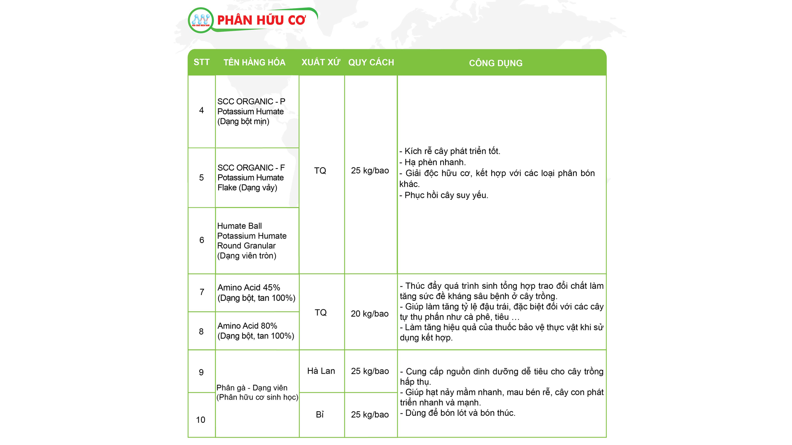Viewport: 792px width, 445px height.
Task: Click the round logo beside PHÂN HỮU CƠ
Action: [x=201, y=20]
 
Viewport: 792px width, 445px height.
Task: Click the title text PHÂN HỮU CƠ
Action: [x=261, y=20]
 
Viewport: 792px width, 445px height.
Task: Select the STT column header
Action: [x=202, y=62]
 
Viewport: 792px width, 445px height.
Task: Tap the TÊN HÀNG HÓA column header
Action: [x=255, y=63]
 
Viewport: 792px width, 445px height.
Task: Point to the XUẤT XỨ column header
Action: [x=321, y=62]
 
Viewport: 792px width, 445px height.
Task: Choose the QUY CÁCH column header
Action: [x=371, y=62]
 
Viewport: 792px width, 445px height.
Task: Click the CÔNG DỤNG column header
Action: [x=495, y=63]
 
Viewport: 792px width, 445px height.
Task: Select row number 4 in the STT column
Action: [x=201, y=110]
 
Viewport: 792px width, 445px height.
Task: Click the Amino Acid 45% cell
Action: [x=256, y=293]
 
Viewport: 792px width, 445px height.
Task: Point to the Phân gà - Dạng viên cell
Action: [x=257, y=392]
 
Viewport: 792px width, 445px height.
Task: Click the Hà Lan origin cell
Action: [x=321, y=371]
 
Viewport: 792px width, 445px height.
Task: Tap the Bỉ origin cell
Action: [x=320, y=415]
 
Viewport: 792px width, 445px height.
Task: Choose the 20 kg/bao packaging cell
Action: [x=370, y=314]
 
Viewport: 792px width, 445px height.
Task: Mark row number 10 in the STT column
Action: [x=200, y=419]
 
